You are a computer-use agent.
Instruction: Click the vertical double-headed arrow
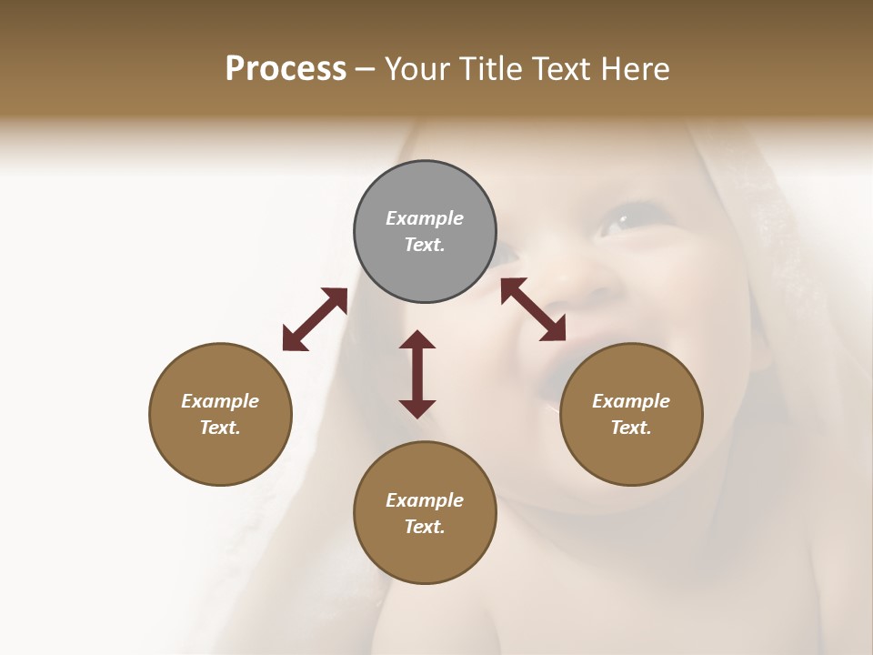pos(417,374)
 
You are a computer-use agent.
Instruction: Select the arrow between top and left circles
pos(315,319)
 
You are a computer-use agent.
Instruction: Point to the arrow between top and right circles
pos(533,309)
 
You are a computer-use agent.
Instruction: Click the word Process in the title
pos(286,68)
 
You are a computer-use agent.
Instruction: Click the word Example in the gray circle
pos(425,218)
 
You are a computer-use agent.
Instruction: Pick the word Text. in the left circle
pos(220,428)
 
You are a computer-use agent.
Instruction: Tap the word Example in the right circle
pos(631,401)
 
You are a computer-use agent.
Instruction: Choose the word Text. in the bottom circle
pos(425,527)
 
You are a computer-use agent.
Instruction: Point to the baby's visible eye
pos(623,221)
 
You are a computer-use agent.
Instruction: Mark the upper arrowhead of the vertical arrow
pos(417,340)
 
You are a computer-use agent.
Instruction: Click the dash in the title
pos(366,69)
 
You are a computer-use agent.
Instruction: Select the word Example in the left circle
pos(220,401)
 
